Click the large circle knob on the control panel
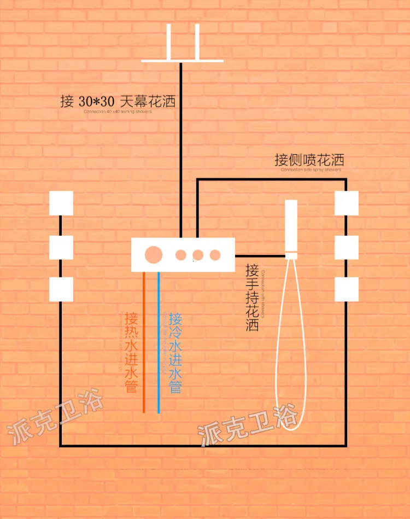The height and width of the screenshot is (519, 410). (154, 255)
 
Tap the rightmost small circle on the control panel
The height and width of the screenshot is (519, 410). (215, 255)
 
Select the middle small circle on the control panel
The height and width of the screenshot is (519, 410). (198, 255)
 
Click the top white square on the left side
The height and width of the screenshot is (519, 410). (61, 203)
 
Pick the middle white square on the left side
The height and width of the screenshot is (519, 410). (61, 247)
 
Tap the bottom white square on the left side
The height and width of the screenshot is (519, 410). (61, 289)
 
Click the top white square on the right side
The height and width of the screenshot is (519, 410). (347, 203)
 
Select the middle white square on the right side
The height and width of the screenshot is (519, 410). (347, 247)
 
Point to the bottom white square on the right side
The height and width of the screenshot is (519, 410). (347, 289)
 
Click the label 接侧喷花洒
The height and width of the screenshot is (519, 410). (309, 160)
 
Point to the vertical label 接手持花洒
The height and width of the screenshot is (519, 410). (252, 298)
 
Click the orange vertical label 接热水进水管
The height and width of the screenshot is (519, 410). (131, 352)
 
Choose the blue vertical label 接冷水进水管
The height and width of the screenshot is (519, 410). (175, 352)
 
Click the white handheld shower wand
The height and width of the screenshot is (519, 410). (291, 226)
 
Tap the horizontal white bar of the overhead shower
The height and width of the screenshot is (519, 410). (182, 61)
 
